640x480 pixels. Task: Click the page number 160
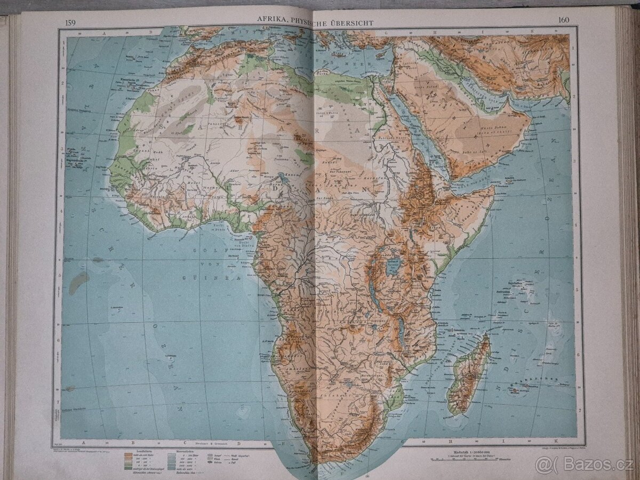point(564,21)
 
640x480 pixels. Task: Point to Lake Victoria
point(393,266)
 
